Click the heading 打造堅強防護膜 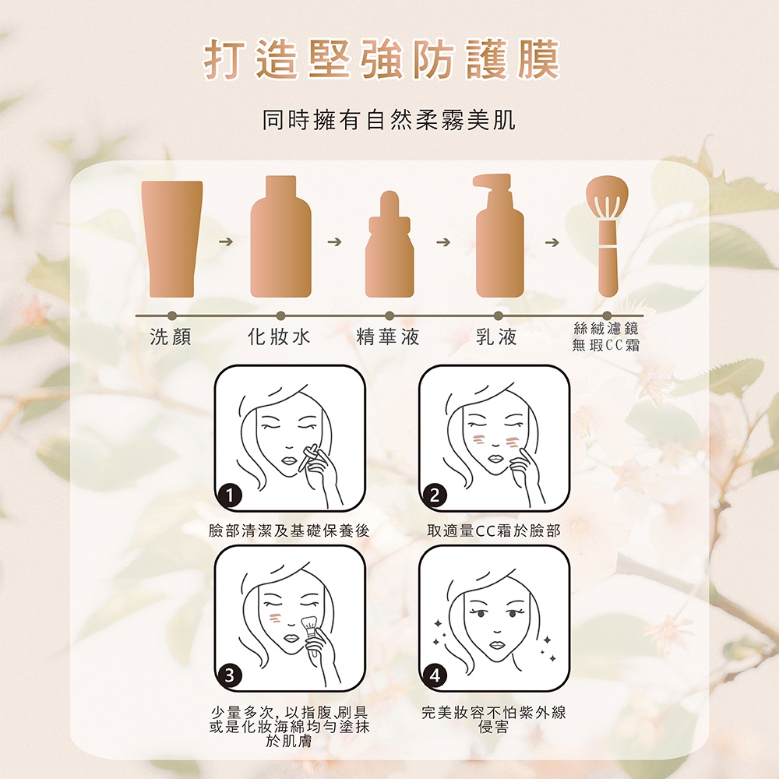tap(382, 60)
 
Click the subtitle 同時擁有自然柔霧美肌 tap(389, 120)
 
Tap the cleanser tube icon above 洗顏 tap(172, 239)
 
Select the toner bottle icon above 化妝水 tap(280, 237)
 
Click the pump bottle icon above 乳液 tap(498, 236)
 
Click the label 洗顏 tap(171, 337)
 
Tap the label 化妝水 tap(279, 337)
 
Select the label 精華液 tap(389, 337)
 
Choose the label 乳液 tap(496, 337)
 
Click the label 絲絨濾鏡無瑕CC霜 tap(605, 337)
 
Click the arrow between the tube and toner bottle tap(226, 242)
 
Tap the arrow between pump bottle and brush tap(552, 242)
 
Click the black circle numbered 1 tap(230, 495)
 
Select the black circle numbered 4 tap(435, 675)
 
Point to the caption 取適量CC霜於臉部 tap(494, 531)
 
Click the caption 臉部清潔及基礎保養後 tap(289, 531)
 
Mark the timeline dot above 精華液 tap(389, 316)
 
